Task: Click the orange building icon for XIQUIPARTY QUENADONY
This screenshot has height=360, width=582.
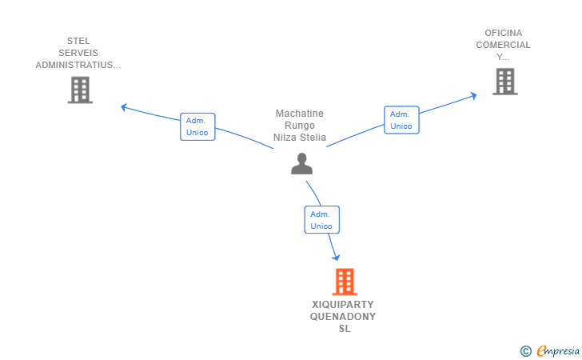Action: [345, 282]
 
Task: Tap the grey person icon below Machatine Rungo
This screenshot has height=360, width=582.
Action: [301, 163]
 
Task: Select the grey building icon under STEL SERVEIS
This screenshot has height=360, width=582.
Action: [80, 90]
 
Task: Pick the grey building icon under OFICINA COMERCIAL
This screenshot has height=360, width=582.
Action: [505, 82]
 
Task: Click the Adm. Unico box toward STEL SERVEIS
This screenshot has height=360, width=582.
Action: [197, 126]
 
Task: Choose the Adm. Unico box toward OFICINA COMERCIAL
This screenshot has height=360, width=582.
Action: [401, 120]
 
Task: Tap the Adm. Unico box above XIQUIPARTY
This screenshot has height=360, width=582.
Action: [322, 219]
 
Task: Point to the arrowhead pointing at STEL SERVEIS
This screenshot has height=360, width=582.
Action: [124, 107]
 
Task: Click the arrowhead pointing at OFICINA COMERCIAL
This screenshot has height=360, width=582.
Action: [473, 96]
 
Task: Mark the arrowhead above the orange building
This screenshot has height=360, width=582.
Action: [336, 257]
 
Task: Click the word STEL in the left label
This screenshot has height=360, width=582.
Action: [78, 41]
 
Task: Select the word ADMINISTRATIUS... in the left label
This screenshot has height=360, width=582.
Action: [78, 65]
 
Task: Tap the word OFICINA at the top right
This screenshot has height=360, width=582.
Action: [504, 33]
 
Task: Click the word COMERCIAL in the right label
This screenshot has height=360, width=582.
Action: [504, 45]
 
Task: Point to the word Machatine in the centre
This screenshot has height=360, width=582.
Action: [300, 114]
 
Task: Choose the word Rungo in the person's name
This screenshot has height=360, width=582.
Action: [300, 126]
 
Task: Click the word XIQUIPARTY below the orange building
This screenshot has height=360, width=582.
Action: [343, 305]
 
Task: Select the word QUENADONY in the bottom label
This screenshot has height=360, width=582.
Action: [343, 317]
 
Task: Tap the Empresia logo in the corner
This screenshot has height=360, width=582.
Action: [558, 351]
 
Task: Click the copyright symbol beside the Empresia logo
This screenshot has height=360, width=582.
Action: [526, 351]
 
